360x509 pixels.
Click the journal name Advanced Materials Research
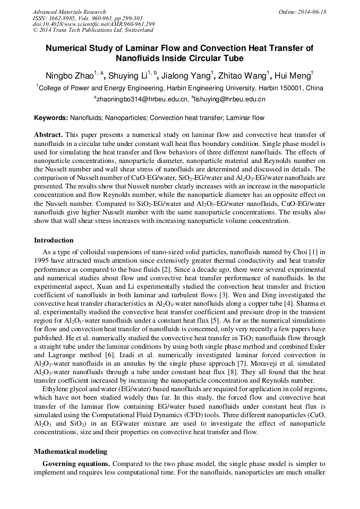69,12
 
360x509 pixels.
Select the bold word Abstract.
49,135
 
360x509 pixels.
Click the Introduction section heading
54,240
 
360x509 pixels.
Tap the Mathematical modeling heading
71,452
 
